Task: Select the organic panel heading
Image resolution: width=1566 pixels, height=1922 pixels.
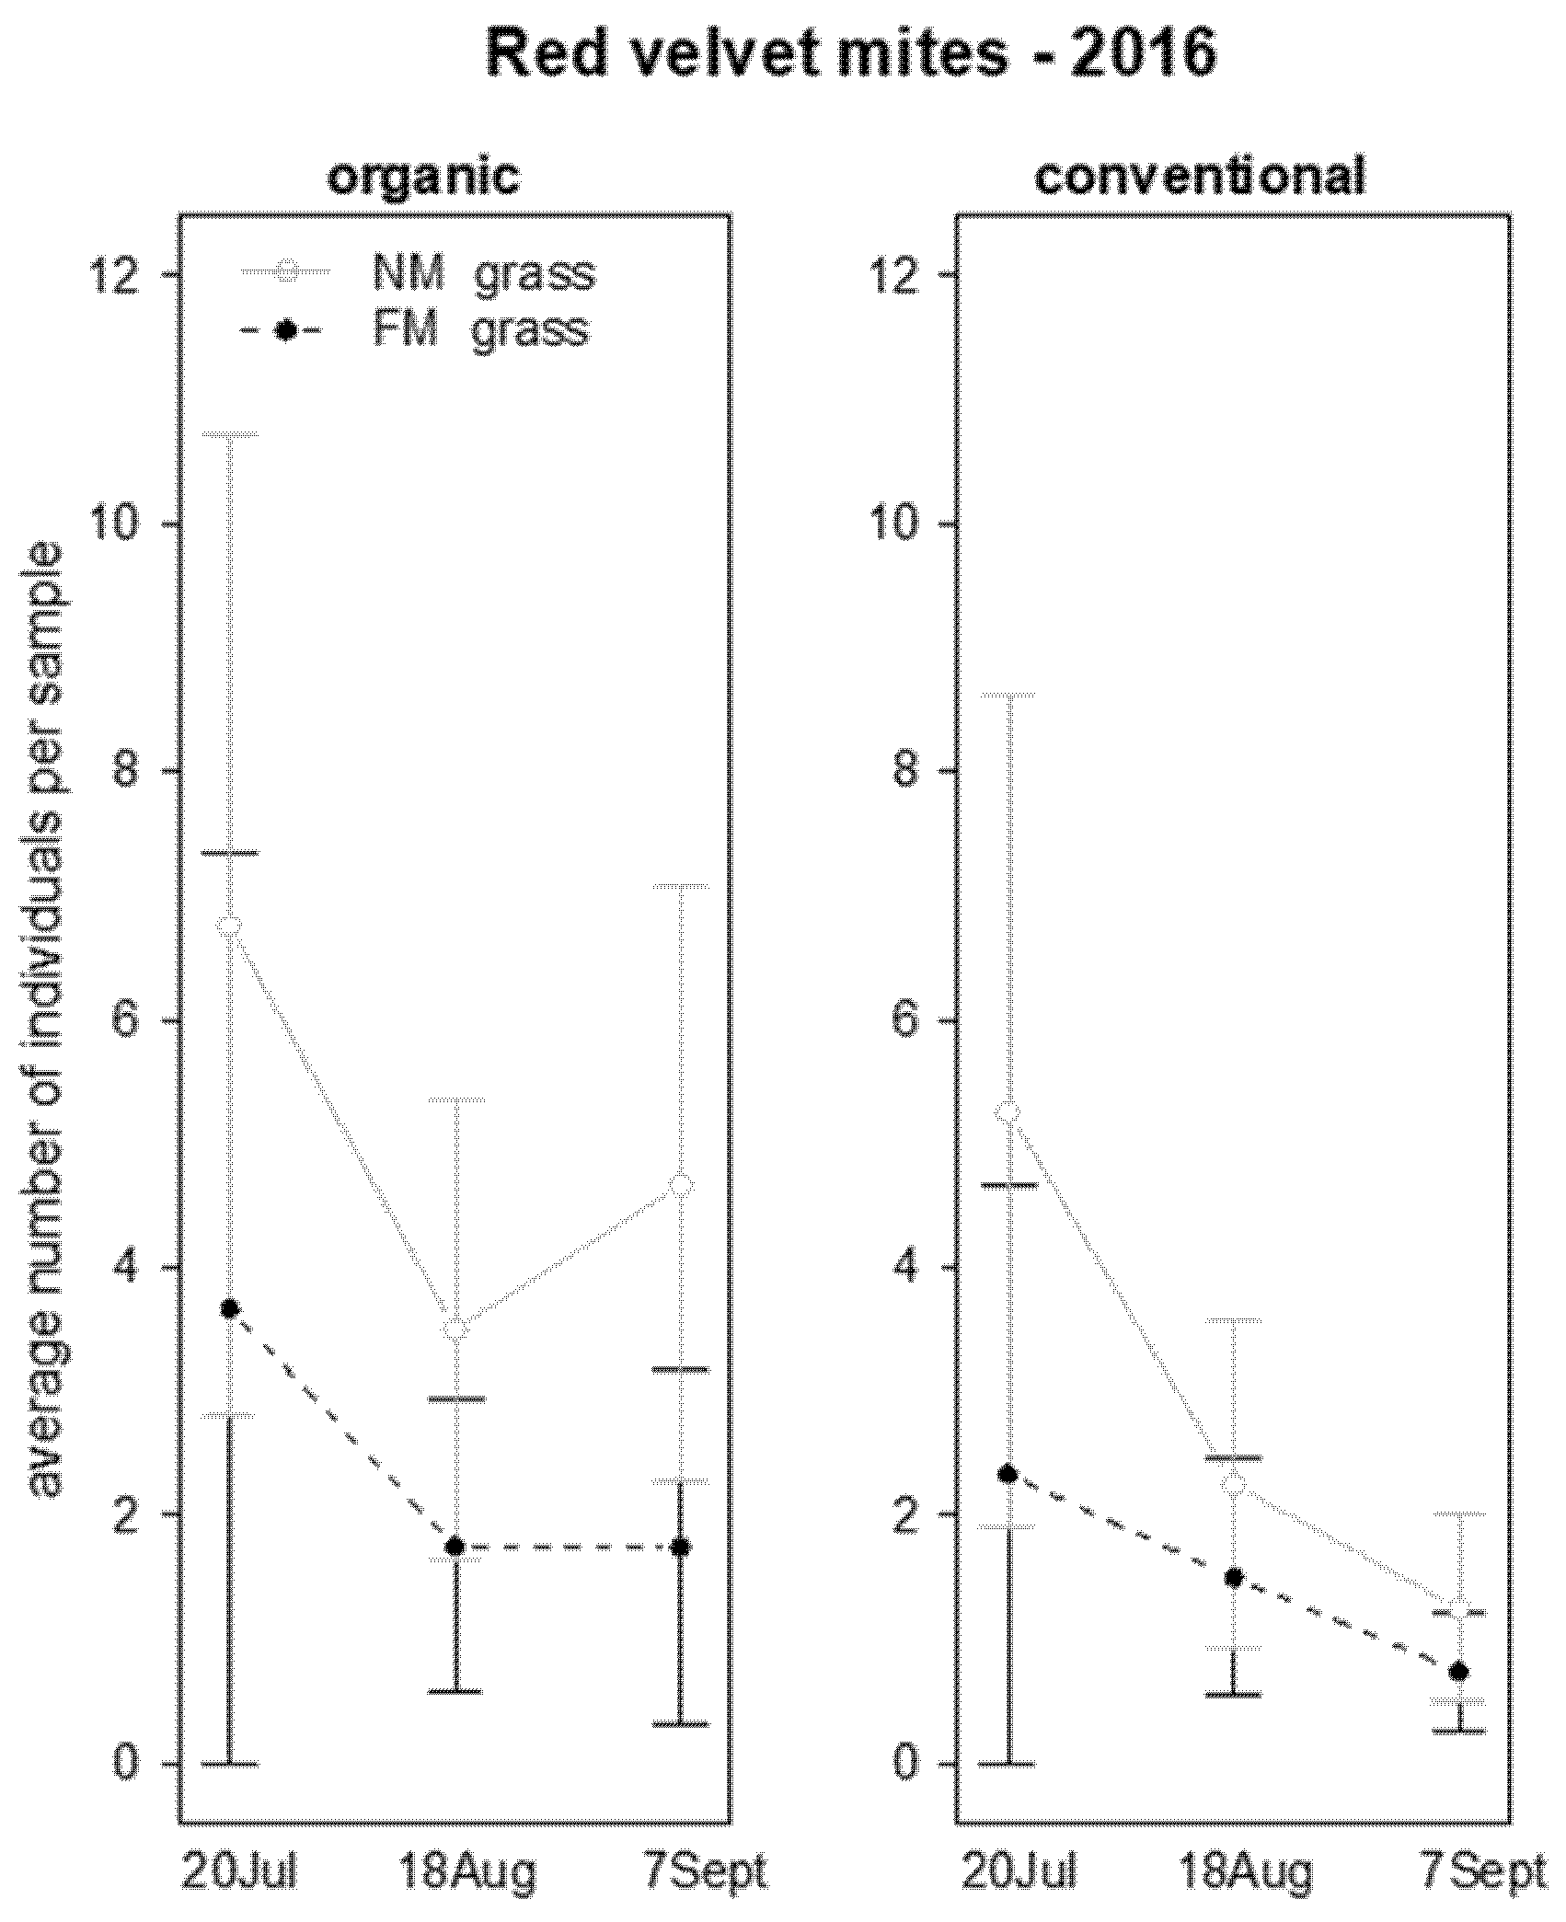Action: click(424, 177)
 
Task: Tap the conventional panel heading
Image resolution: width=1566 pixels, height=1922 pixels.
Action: click(1200, 177)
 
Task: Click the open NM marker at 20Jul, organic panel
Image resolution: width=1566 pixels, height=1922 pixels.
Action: click(230, 925)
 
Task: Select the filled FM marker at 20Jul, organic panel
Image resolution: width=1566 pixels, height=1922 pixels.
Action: click(230, 1308)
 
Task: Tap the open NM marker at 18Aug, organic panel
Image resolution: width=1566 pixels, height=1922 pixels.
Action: click(455, 1330)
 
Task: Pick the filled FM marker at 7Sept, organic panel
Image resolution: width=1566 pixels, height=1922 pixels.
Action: click(681, 1548)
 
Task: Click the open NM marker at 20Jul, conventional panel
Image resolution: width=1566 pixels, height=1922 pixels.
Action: click(1008, 1113)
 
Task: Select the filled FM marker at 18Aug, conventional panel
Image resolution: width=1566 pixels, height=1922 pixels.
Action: click(1234, 1578)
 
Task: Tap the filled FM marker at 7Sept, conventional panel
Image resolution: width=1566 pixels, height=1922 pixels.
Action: click(1459, 1672)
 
